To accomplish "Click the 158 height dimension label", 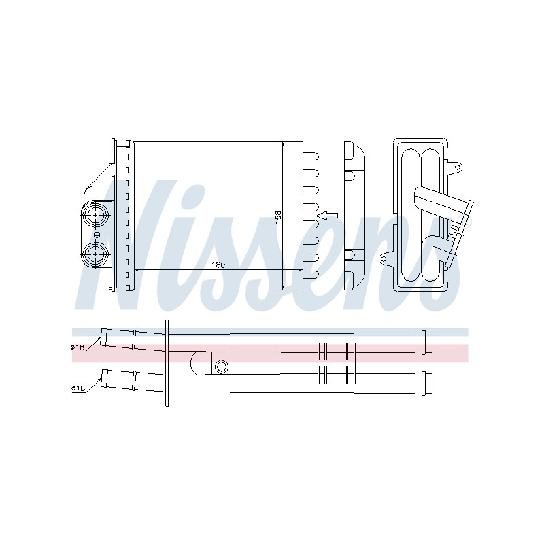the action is point(278,216).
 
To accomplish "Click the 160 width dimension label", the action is point(218,265).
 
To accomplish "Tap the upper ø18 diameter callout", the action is point(78,347).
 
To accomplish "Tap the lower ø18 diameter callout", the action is point(78,388).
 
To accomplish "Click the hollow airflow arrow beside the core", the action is point(328,216).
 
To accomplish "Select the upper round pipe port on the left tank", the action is point(95,215).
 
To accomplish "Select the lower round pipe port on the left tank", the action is point(95,254).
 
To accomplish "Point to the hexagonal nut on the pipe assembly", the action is point(221,366).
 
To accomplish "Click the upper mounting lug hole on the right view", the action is point(458,167).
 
